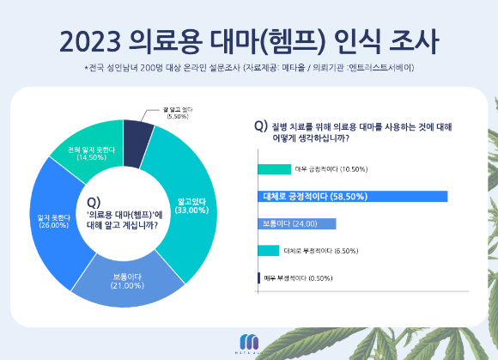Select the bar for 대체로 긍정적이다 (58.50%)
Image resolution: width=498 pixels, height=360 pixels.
(x=352, y=196)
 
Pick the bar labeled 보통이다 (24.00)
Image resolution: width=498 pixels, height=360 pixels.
(x=296, y=223)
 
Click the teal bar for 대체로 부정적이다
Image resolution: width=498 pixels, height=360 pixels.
(x=268, y=251)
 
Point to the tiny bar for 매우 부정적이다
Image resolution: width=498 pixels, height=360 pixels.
(x=259, y=278)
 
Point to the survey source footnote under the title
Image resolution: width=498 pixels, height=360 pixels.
(x=249, y=67)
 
